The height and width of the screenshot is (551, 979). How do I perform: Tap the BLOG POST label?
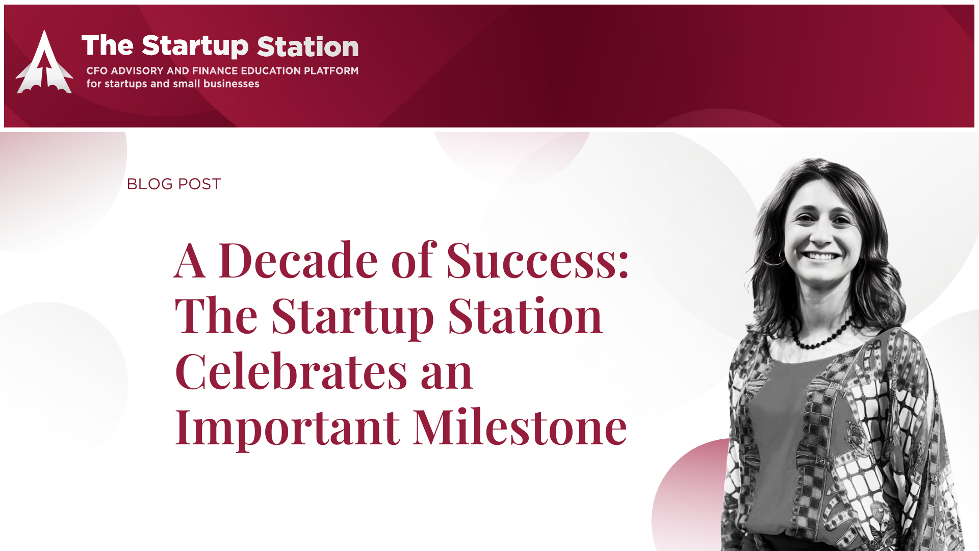point(174,184)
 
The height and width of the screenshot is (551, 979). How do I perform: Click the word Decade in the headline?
point(298,261)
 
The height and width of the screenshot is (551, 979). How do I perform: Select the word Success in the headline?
point(538,261)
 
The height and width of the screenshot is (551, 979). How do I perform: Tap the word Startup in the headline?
point(353,317)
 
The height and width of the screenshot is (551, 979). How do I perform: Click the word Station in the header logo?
point(308,46)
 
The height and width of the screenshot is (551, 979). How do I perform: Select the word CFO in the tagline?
point(97,71)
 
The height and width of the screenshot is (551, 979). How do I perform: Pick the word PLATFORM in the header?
point(331,71)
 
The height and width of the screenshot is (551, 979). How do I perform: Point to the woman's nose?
point(821,235)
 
